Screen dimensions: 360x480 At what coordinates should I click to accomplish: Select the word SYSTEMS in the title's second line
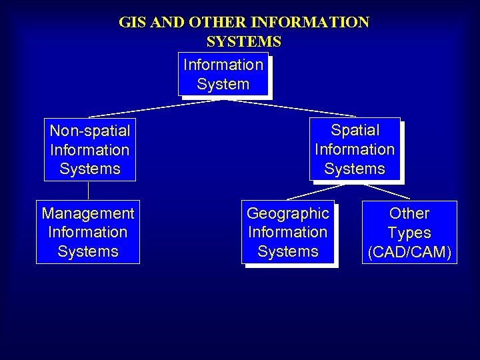(243, 41)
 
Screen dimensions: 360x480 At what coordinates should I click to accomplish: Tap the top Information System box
(223, 74)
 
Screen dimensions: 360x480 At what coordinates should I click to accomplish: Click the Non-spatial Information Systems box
(89, 149)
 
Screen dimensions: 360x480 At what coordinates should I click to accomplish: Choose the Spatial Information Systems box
(355, 149)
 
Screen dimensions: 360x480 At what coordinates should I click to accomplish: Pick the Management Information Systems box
(88, 232)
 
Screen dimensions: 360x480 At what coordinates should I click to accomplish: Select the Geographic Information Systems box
(288, 232)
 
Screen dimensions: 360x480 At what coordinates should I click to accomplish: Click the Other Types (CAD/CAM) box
(409, 232)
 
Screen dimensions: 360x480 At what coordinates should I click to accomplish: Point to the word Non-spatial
(89, 131)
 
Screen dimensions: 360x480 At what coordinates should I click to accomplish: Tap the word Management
(88, 213)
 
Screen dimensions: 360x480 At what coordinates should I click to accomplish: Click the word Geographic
(288, 213)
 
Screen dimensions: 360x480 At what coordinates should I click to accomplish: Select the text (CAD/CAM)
(409, 252)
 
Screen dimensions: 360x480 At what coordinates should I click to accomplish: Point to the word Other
(409, 213)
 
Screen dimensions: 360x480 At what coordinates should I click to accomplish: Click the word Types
(409, 233)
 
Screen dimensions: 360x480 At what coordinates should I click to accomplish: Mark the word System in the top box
(223, 84)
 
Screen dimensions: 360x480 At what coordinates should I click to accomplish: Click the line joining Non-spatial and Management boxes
(89, 191)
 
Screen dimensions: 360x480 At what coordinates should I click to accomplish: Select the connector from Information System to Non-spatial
(153, 108)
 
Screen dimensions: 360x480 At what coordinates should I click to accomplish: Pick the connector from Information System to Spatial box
(293, 108)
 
